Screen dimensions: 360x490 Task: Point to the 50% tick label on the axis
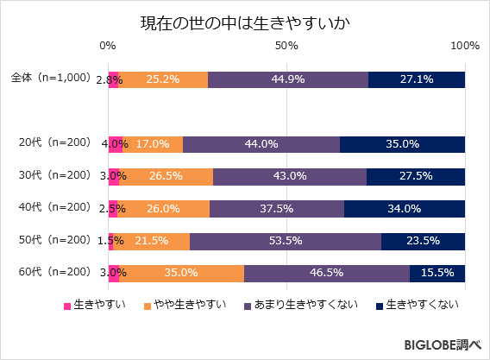pos(286,46)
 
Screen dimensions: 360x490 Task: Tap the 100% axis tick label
pos(464,46)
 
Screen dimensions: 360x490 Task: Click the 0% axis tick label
pos(108,46)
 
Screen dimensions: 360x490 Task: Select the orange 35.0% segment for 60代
pos(181,273)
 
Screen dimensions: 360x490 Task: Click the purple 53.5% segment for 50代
pos(286,241)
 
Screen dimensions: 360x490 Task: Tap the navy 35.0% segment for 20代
pos(402,144)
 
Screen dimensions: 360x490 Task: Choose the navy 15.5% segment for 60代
pos(437,273)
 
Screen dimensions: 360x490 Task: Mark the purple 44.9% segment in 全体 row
pos(288,79)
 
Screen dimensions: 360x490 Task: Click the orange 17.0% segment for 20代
pos(153,144)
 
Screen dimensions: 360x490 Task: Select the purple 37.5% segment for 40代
pos(277,208)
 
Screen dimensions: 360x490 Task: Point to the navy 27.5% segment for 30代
pos(416,176)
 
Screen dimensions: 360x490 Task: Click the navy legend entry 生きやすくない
pos(417,305)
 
